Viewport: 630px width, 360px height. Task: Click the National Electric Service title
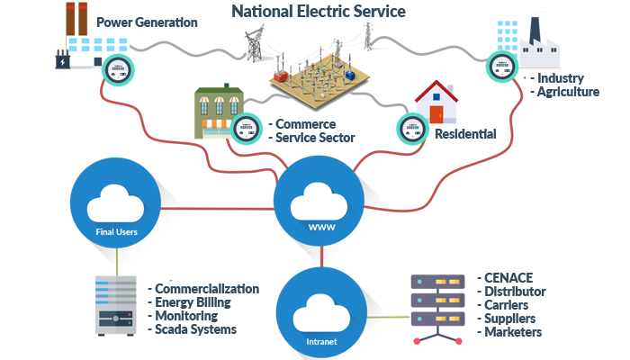319,11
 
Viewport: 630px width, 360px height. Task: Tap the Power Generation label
147,22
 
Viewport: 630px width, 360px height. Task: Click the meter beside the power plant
118,70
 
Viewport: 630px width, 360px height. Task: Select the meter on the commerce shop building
247,129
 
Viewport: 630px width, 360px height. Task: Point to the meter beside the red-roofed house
412,130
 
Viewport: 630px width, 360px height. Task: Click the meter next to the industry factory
502,67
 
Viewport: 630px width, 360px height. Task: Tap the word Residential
465,134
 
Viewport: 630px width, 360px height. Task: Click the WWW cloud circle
319,202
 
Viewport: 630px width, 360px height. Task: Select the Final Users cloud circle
116,202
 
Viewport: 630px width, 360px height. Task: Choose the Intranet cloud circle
321,313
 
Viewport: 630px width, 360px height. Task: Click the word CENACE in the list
508,277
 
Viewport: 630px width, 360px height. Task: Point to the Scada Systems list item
195,329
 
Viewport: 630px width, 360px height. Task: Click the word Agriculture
568,92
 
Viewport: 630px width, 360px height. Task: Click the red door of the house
436,114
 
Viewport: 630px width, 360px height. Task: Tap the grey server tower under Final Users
116,306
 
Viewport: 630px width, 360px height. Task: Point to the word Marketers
513,332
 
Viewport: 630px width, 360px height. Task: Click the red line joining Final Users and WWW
218,209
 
